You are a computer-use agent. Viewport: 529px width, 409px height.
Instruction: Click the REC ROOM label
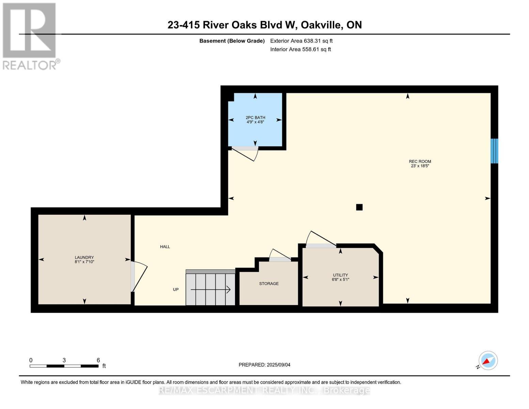[x=420, y=164]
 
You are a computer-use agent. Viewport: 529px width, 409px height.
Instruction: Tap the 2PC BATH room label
[x=255, y=120]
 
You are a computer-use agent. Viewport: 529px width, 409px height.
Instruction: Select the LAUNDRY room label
[x=84, y=259]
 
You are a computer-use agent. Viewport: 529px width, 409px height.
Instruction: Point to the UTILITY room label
[x=340, y=277]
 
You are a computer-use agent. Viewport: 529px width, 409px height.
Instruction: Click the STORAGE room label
[x=269, y=284]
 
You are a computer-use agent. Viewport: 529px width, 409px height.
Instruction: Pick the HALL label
[x=165, y=247]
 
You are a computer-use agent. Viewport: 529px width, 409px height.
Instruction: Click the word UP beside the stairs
[x=175, y=289]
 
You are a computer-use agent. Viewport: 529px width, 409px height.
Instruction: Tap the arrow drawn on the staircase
[x=211, y=290]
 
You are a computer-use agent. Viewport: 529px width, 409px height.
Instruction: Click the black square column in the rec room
[x=359, y=207]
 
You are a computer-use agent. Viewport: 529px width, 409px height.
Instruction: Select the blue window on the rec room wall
[x=494, y=151]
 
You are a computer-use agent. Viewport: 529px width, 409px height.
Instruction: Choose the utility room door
[x=321, y=239]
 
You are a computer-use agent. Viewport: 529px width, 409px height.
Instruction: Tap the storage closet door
[x=280, y=255]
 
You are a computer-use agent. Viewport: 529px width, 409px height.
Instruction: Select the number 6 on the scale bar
[x=98, y=360]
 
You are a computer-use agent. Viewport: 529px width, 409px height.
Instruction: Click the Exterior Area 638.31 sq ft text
[x=301, y=41]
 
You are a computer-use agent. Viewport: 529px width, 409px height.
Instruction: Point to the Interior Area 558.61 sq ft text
[x=300, y=49]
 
